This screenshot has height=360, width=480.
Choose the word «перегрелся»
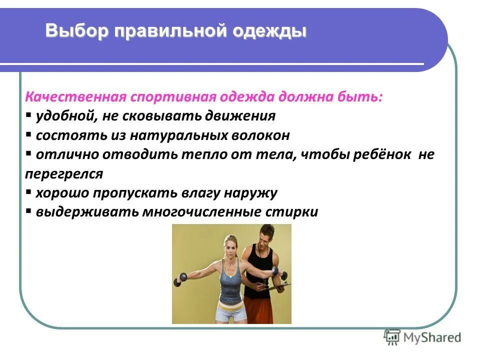tap(64, 173)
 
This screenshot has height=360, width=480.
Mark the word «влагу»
tap(198, 193)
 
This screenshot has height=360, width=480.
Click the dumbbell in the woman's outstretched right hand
tap(178, 279)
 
